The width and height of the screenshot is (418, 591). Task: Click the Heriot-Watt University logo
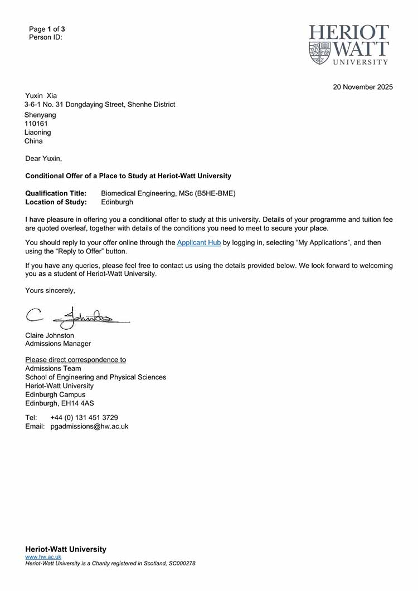[x=349, y=45]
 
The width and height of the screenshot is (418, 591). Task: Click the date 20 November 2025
[x=363, y=87]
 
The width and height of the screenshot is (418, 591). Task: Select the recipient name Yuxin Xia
[x=41, y=96]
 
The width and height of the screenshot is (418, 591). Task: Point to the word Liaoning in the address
[x=38, y=133]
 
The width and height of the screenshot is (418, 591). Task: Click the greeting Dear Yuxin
[x=43, y=159]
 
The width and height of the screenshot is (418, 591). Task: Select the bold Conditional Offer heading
[x=128, y=176]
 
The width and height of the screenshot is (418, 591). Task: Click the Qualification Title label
[x=56, y=193]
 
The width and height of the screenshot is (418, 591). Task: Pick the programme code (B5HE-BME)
[x=215, y=193]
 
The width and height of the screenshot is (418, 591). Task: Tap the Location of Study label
[x=56, y=202]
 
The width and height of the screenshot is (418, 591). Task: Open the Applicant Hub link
[x=199, y=243]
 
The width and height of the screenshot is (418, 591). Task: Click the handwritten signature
[x=78, y=318]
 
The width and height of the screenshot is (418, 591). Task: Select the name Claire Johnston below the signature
[x=50, y=335]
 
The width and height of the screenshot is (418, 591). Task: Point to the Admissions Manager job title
[x=58, y=344]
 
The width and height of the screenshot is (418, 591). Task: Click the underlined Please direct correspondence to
[x=75, y=360]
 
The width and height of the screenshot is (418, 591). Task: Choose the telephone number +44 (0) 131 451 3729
[x=84, y=418]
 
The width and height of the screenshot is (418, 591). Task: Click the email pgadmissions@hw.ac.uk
[x=89, y=427]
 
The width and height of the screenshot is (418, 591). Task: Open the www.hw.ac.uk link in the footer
[x=43, y=557]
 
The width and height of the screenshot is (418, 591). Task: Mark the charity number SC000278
[x=182, y=564]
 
